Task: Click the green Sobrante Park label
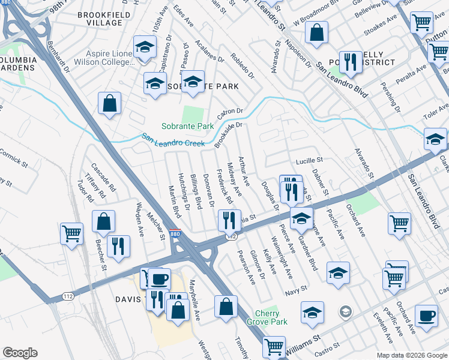(187, 127)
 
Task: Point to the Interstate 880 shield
(175, 233)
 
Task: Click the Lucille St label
(309, 161)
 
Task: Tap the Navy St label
(296, 289)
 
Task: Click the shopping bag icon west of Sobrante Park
(110, 103)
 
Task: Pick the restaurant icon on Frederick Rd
(228, 220)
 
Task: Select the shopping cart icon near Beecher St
(72, 233)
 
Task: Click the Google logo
(20, 353)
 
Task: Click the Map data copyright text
(412, 355)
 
